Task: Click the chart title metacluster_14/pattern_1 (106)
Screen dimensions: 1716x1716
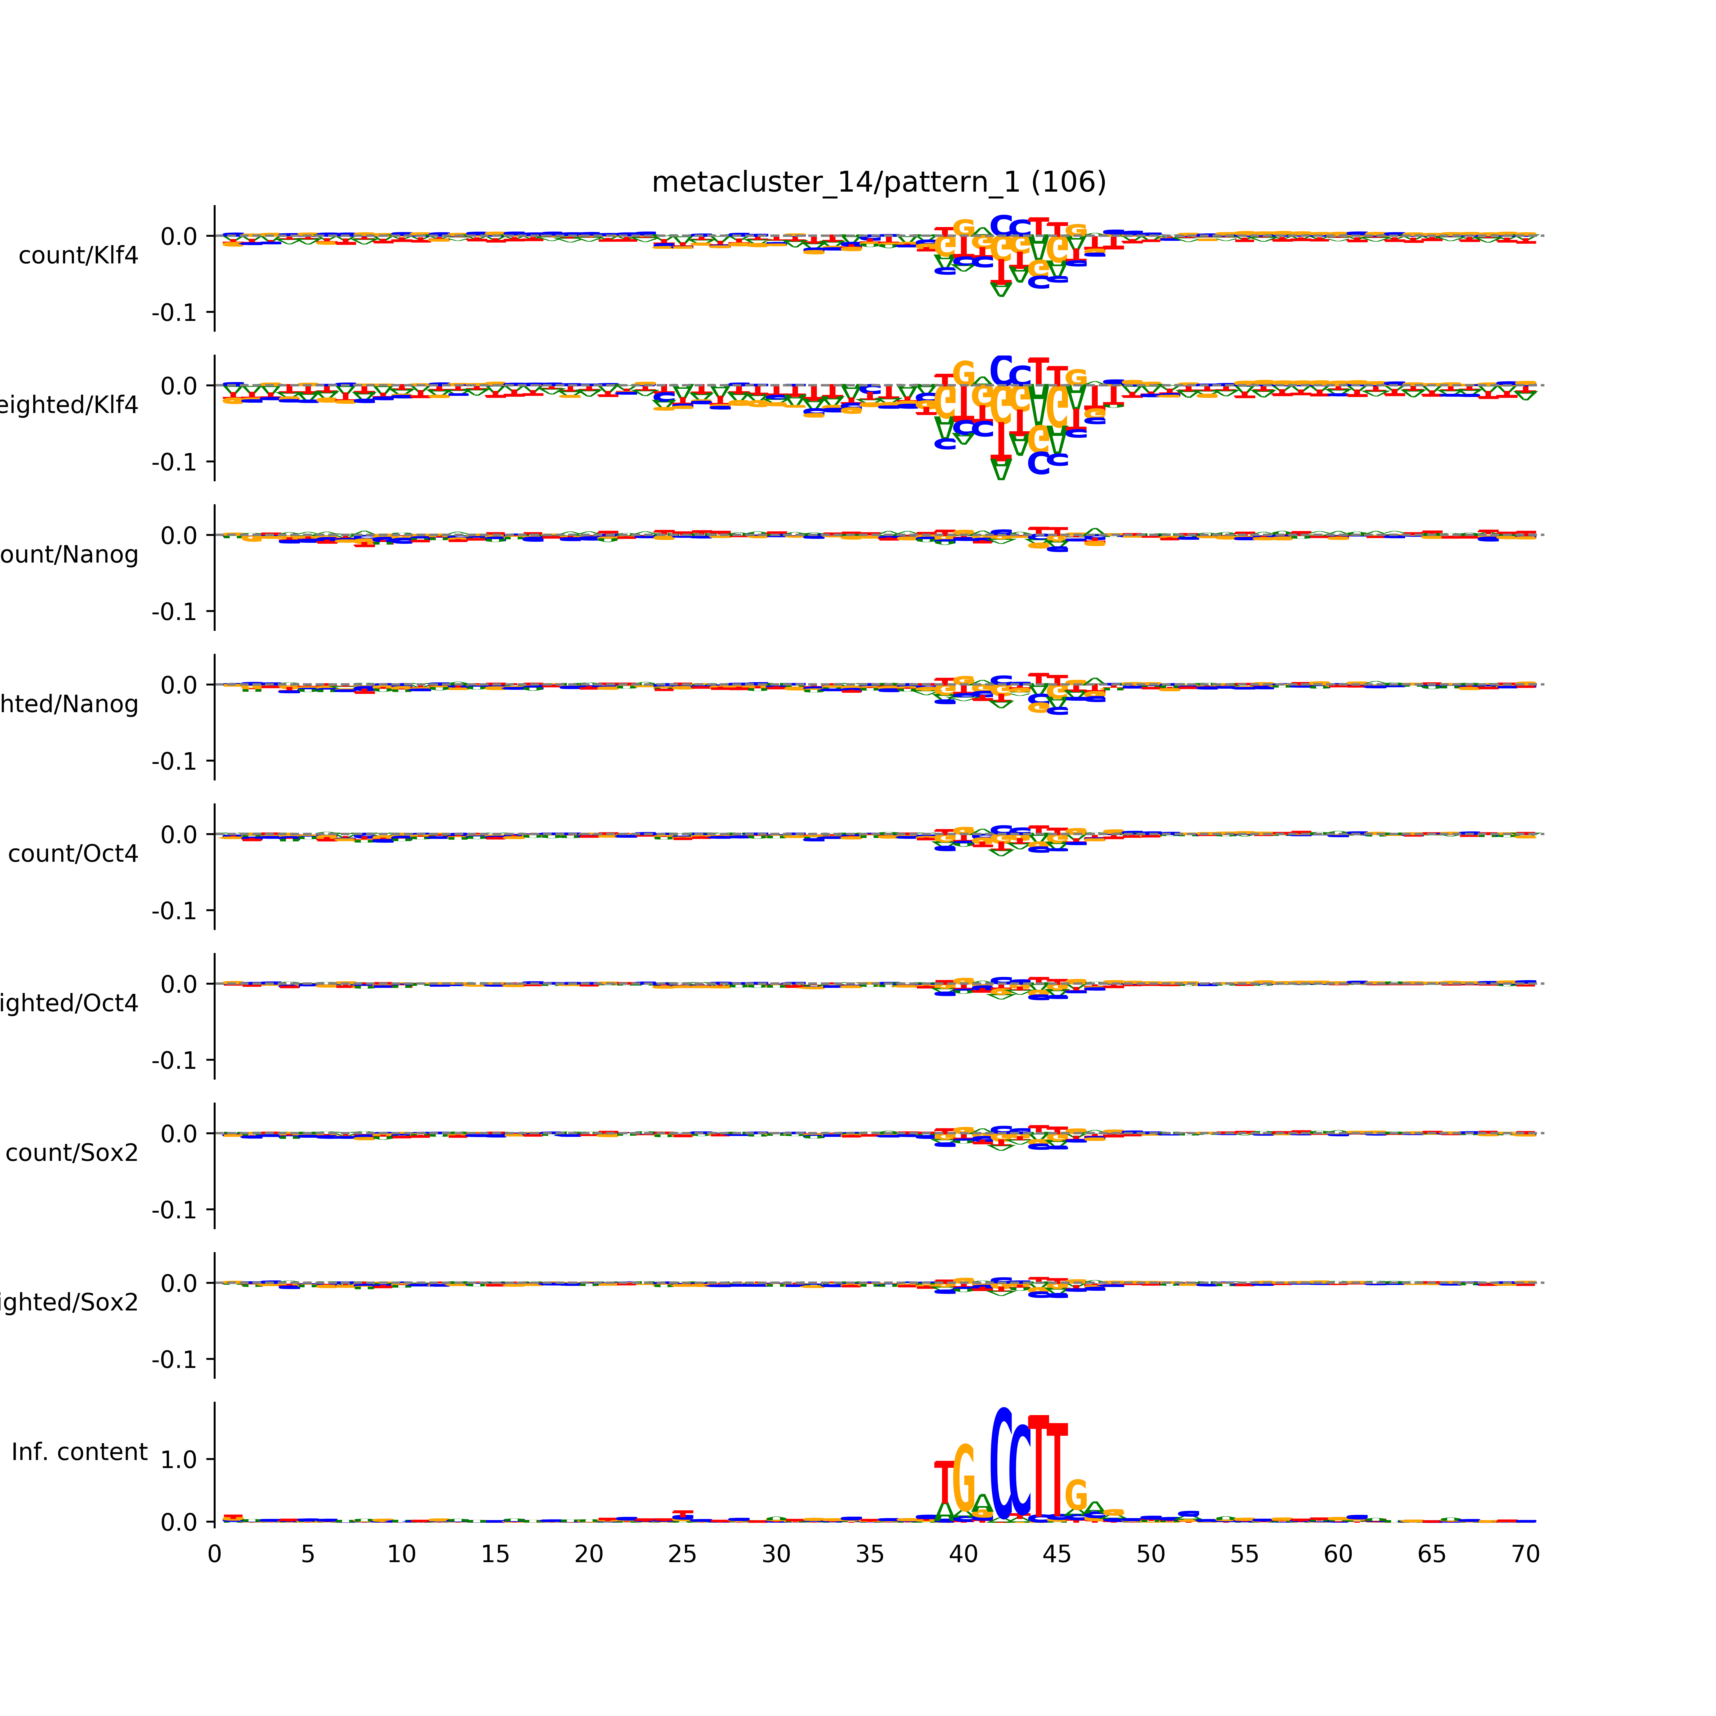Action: pyautogui.click(x=878, y=182)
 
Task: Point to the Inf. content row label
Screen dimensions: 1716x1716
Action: pyautogui.click(x=79, y=1452)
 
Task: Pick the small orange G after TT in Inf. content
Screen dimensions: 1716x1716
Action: pyautogui.click(x=1076, y=1497)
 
